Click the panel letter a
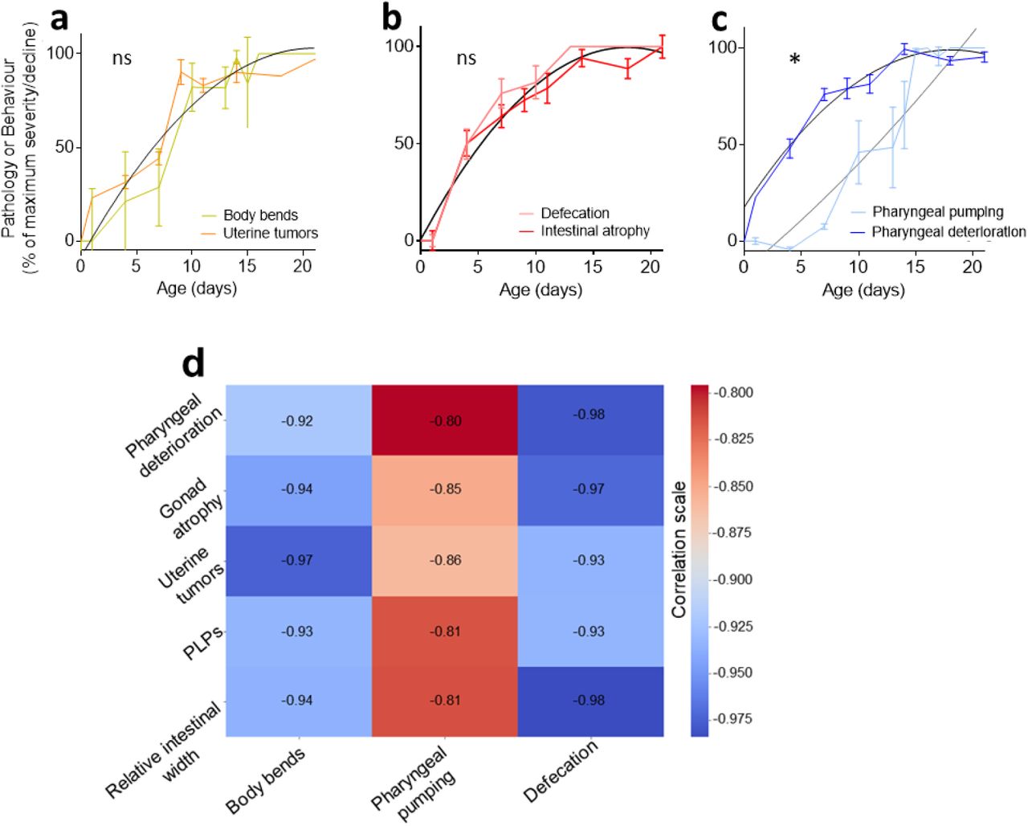59,18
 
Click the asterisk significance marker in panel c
794,60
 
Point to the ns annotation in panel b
466,59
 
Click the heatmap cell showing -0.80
445,421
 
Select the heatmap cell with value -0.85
445,489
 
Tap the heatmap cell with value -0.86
445,560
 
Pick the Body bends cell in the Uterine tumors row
297,560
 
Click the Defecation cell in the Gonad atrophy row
589,489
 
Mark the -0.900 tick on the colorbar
732,579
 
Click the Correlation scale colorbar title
679,550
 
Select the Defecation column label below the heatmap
561,771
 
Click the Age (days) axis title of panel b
541,289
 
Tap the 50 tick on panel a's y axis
63,147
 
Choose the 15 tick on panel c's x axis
915,266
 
